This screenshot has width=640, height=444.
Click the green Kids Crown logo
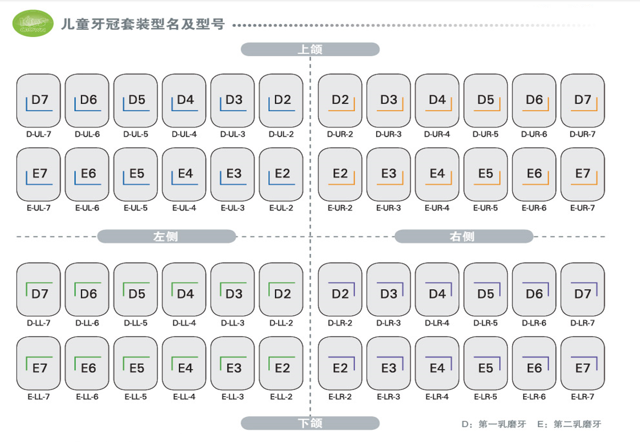click(33, 24)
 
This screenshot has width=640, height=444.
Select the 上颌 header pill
click(310, 50)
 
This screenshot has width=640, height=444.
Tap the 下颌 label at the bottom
click(310, 423)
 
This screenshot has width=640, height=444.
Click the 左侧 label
click(166, 237)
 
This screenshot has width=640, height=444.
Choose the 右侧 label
click(463, 237)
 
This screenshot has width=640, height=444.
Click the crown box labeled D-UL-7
click(39, 100)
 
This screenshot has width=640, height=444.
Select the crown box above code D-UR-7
click(582, 100)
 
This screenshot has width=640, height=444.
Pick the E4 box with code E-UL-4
click(184, 174)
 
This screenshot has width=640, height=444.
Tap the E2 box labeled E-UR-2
click(340, 174)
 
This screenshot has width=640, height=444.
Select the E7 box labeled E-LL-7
click(39, 363)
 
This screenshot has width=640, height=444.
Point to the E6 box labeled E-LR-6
click(534, 363)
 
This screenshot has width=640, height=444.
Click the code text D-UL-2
click(281, 134)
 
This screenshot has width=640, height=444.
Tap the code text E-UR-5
click(485, 208)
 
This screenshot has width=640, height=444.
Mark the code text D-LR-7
click(582, 323)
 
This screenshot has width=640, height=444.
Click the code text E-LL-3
click(232, 397)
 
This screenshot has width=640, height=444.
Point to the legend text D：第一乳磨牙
click(493, 424)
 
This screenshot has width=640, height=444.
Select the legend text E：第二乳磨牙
click(569, 424)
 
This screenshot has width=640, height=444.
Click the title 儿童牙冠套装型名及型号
click(143, 24)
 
